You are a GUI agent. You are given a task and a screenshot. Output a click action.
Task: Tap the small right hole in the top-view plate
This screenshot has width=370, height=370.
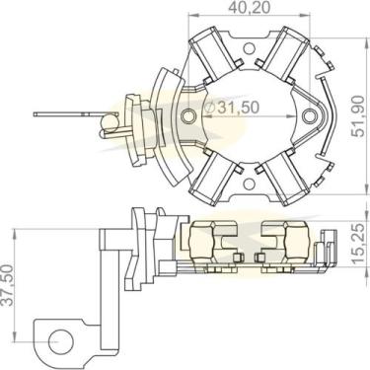pyautogui.click(x=314, y=116)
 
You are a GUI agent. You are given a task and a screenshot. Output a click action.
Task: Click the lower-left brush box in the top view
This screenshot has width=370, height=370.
pyautogui.click(x=211, y=178)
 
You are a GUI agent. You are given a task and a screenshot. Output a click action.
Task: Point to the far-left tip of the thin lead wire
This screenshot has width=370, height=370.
pyautogui.click(x=37, y=114)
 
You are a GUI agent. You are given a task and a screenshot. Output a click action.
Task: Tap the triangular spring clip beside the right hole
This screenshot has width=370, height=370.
pyautogui.click(x=327, y=115)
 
